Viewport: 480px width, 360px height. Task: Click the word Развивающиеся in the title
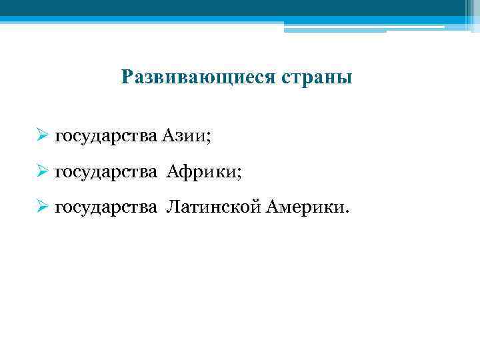click(194, 78)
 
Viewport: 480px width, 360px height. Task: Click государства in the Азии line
click(105, 137)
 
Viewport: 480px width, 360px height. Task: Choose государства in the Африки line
click(105, 173)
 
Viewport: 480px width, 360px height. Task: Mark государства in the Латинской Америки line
click(105, 209)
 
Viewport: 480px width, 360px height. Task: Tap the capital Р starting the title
click(127, 78)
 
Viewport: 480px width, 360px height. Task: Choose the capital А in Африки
click(172, 173)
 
